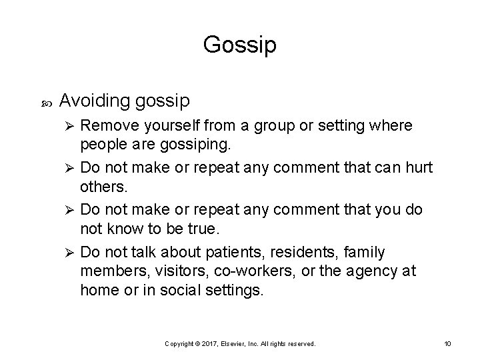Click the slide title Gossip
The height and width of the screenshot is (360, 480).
239,45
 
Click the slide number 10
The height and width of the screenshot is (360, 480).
447,343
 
